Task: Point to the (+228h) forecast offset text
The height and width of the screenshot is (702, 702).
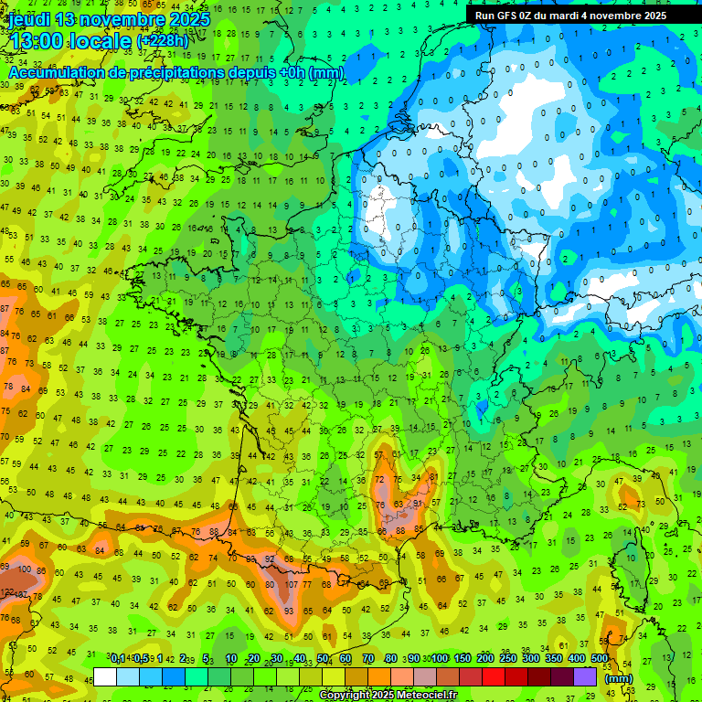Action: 163,41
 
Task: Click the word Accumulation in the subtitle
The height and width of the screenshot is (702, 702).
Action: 63,72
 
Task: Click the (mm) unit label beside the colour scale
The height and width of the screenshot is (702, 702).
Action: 619,678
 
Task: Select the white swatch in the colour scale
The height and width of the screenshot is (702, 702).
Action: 105,676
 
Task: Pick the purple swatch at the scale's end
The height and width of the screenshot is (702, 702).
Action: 585,676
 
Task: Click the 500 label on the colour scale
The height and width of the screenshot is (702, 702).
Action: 600,659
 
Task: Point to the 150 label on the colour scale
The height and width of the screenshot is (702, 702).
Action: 463,659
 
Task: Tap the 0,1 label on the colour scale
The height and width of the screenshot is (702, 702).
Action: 118,659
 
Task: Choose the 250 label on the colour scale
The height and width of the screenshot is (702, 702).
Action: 508,659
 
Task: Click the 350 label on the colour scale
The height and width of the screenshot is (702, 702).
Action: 554,659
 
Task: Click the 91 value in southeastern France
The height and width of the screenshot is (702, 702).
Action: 418,503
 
